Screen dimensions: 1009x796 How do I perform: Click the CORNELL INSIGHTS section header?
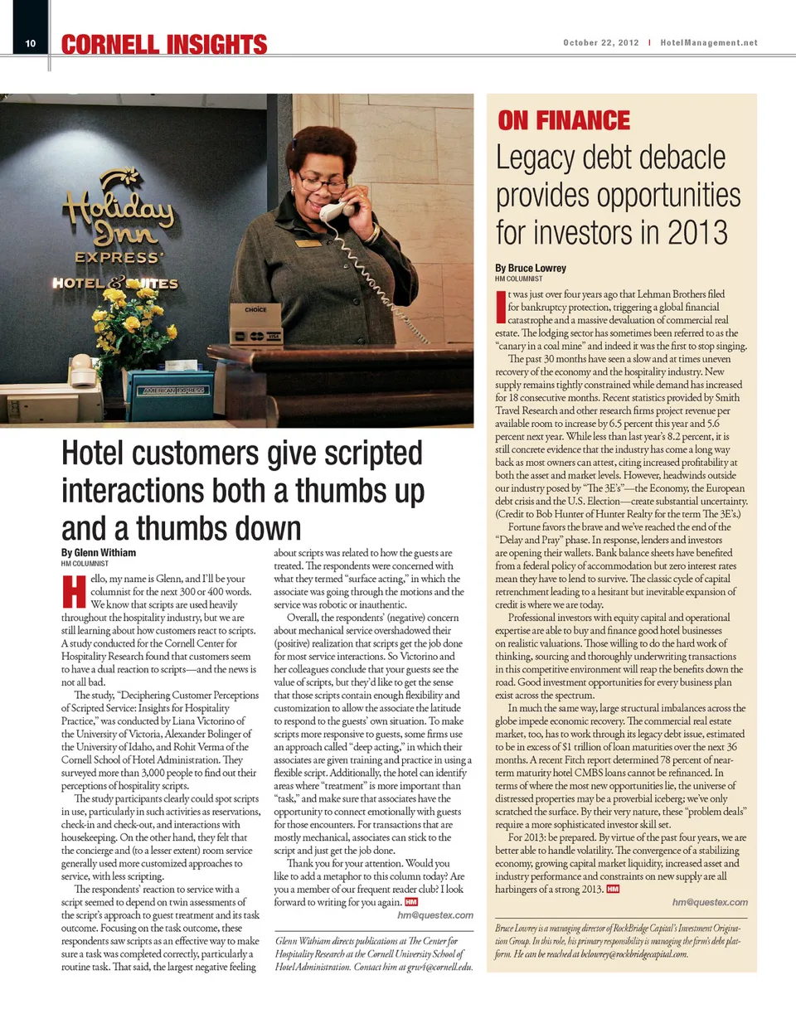[164, 45]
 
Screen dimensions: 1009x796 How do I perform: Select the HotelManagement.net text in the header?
[709, 42]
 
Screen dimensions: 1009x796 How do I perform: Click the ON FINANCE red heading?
[563, 121]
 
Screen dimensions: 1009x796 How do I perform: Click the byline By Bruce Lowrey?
[531, 268]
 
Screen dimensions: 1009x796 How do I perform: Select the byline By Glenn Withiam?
[99, 553]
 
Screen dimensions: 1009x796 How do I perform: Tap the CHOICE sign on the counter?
[255, 309]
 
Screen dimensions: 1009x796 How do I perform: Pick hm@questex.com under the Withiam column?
[435, 914]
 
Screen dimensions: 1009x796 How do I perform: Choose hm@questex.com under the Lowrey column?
[710, 902]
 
